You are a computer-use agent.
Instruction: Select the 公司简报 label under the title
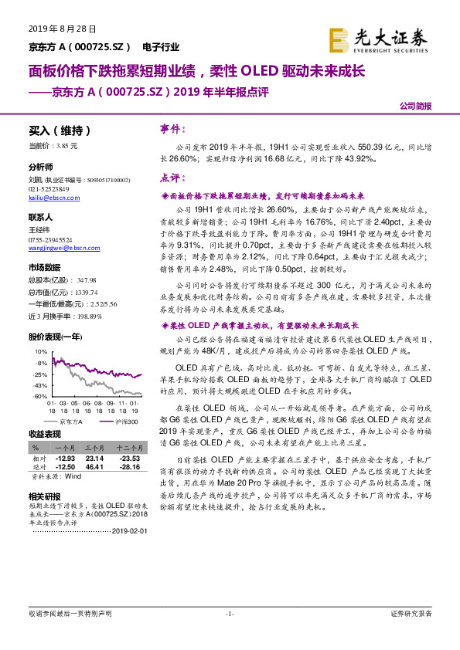[x=415, y=107]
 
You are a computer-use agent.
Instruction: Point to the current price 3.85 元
[x=53, y=145]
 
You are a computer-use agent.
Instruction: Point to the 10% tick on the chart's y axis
[x=42, y=351]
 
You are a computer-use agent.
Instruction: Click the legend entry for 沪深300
[x=122, y=421]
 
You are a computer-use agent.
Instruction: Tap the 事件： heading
[x=173, y=130]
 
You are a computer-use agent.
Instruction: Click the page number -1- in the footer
[x=229, y=614]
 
